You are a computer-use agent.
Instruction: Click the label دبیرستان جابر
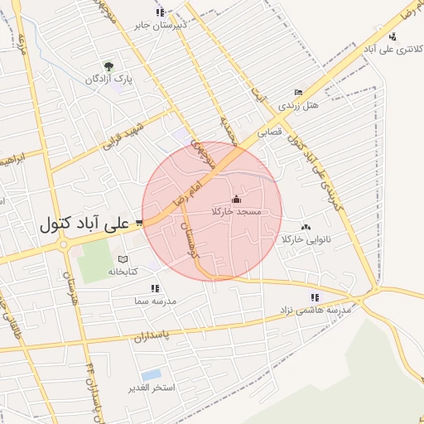pos(161,25)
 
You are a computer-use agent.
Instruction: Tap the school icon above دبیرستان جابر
pos(160,12)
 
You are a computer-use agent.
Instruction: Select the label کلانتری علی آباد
pos(390,49)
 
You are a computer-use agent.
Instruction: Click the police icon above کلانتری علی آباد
pos(392,36)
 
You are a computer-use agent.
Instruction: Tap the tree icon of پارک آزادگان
pos(108,66)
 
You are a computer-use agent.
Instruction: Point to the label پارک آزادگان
pos(108,80)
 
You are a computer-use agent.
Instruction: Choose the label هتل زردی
pos(297,105)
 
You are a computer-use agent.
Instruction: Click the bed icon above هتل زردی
pos(298,93)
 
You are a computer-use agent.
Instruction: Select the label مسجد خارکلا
pos(237,212)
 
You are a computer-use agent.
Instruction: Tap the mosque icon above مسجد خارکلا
pos(237,199)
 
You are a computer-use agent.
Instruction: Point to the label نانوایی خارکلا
pos(306,240)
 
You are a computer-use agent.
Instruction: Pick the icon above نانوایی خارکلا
pos(306,227)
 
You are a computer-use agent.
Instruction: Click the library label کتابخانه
pos(122,271)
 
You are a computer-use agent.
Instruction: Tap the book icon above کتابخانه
pos(123,258)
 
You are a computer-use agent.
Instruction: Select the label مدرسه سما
pos(154,301)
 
